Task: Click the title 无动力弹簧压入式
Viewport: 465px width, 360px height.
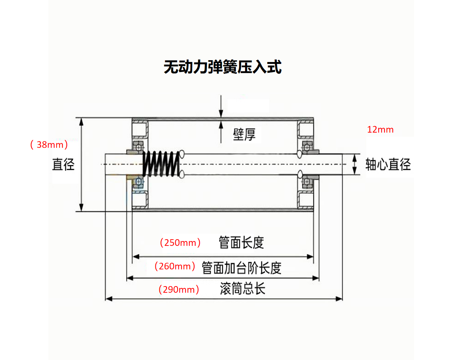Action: pyautogui.click(x=223, y=67)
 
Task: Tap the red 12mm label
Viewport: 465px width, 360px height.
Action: pyautogui.click(x=380, y=130)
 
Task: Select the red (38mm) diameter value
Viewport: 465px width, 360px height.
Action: pyautogui.click(x=49, y=144)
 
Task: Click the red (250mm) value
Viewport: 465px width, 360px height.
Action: pyautogui.click(x=180, y=243)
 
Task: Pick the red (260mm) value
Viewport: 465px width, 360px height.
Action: pyautogui.click(x=175, y=266)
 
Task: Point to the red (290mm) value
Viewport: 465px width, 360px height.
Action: pyautogui.click(x=179, y=289)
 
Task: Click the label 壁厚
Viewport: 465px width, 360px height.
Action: pyautogui.click(x=244, y=134)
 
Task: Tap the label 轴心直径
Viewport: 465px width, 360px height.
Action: pyautogui.click(x=388, y=164)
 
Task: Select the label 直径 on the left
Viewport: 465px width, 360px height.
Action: pyautogui.click(x=63, y=164)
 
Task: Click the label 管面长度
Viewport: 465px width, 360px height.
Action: pyautogui.click(x=241, y=243)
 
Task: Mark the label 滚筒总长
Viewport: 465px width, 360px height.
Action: pyautogui.click(x=242, y=288)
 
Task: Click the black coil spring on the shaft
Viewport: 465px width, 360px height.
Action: pyautogui.click(x=161, y=164)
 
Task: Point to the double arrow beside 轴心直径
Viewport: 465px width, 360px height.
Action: pyautogui.click(x=355, y=164)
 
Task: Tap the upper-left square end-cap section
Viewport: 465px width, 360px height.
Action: pyautogui.click(x=140, y=129)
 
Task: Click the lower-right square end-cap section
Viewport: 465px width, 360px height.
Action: pyautogui.click(x=306, y=200)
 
